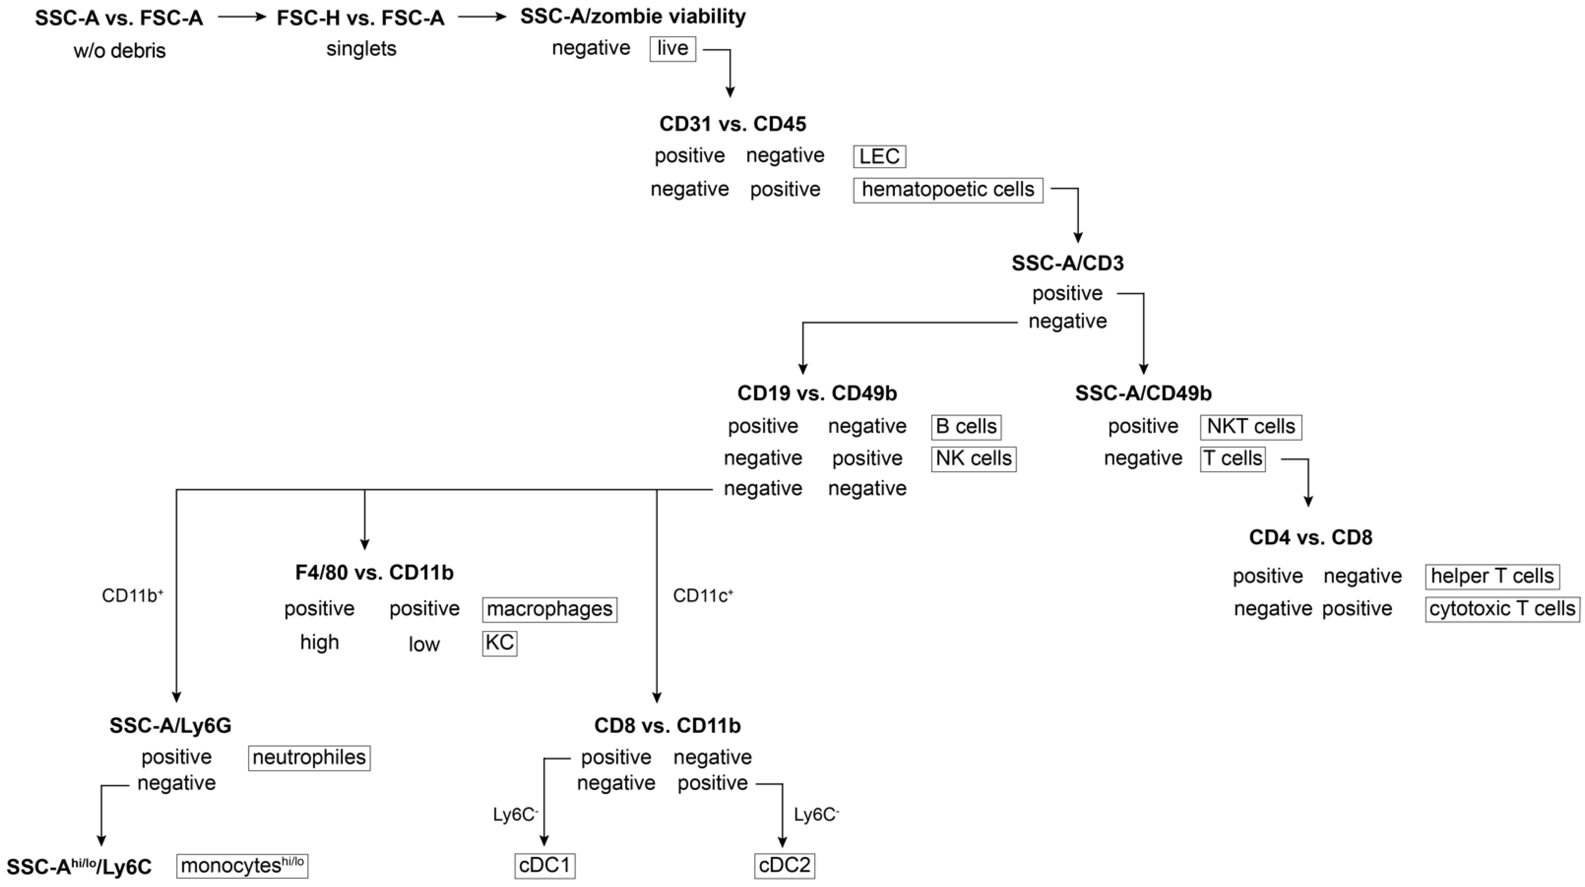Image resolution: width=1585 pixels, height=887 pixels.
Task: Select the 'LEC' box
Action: (x=879, y=156)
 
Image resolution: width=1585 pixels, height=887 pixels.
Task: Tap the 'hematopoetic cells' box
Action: (x=948, y=190)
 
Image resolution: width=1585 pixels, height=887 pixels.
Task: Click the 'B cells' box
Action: (x=966, y=427)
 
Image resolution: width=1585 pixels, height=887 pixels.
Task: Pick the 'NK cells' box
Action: (x=974, y=458)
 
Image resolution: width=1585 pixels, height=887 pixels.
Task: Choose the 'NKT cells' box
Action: (x=1250, y=427)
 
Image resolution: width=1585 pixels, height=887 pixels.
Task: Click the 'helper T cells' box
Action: (x=1492, y=576)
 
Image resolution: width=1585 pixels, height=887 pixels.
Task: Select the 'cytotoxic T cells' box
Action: (x=1502, y=609)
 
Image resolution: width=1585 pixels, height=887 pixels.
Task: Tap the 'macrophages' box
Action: (x=549, y=609)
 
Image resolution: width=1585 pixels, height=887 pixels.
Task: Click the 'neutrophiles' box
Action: (x=309, y=757)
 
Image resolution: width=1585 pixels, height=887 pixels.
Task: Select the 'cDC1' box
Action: (x=545, y=865)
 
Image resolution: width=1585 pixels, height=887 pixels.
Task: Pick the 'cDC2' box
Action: (x=784, y=865)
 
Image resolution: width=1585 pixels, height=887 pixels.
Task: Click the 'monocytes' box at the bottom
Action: (x=242, y=865)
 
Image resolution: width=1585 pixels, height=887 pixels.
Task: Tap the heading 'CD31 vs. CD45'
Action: (x=732, y=124)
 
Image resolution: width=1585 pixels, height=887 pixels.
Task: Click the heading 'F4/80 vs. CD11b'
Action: (x=374, y=573)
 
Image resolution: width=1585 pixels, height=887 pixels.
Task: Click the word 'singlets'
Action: (x=361, y=49)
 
